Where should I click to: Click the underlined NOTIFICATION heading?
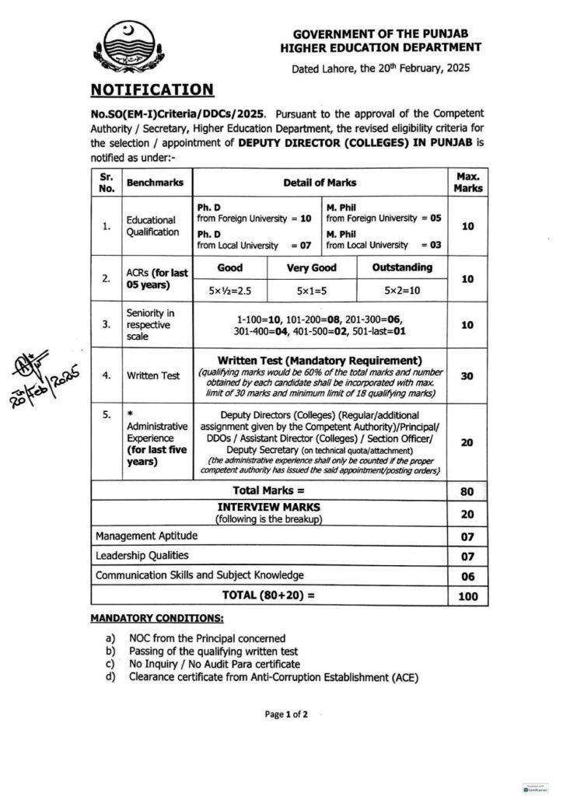pos(152,89)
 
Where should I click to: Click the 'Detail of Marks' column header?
pos(319,183)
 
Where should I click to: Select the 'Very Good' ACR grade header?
pos(311,267)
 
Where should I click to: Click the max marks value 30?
pos(467,375)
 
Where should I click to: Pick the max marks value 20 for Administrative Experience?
pos(467,442)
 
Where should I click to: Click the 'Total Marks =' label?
pos(269,491)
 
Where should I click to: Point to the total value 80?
pos(467,491)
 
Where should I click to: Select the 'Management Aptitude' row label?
pos(146,536)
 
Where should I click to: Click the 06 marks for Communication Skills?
pos(467,575)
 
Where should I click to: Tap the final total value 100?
pos(467,596)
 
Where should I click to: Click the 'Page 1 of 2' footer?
pos(287,714)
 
